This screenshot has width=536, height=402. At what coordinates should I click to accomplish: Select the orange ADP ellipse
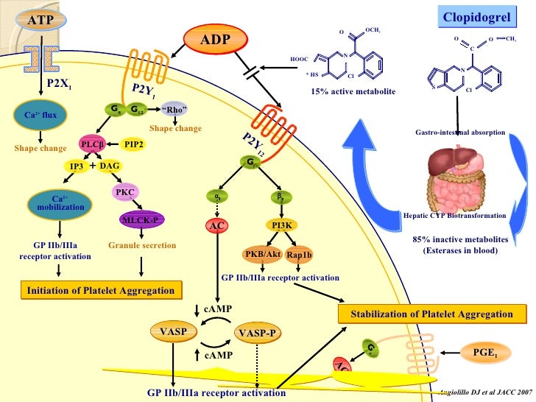pyautogui.click(x=217, y=38)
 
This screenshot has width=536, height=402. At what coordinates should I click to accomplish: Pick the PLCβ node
pyautogui.click(x=96, y=144)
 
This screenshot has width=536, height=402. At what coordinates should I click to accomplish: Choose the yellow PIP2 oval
pyautogui.click(x=134, y=144)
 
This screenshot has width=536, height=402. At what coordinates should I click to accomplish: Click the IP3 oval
pyautogui.click(x=77, y=166)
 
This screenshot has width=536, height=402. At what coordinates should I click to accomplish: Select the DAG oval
pyautogui.click(x=110, y=166)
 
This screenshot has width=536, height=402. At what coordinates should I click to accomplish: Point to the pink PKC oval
pyautogui.click(x=124, y=193)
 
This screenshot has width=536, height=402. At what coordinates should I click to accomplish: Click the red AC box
pyautogui.click(x=216, y=227)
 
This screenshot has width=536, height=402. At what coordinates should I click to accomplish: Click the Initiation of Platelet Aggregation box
pyautogui.click(x=101, y=290)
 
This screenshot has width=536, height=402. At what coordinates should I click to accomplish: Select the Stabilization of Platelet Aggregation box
pyautogui.click(x=431, y=314)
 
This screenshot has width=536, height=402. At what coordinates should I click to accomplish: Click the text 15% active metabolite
pyautogui.click(x=353, y=92)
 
